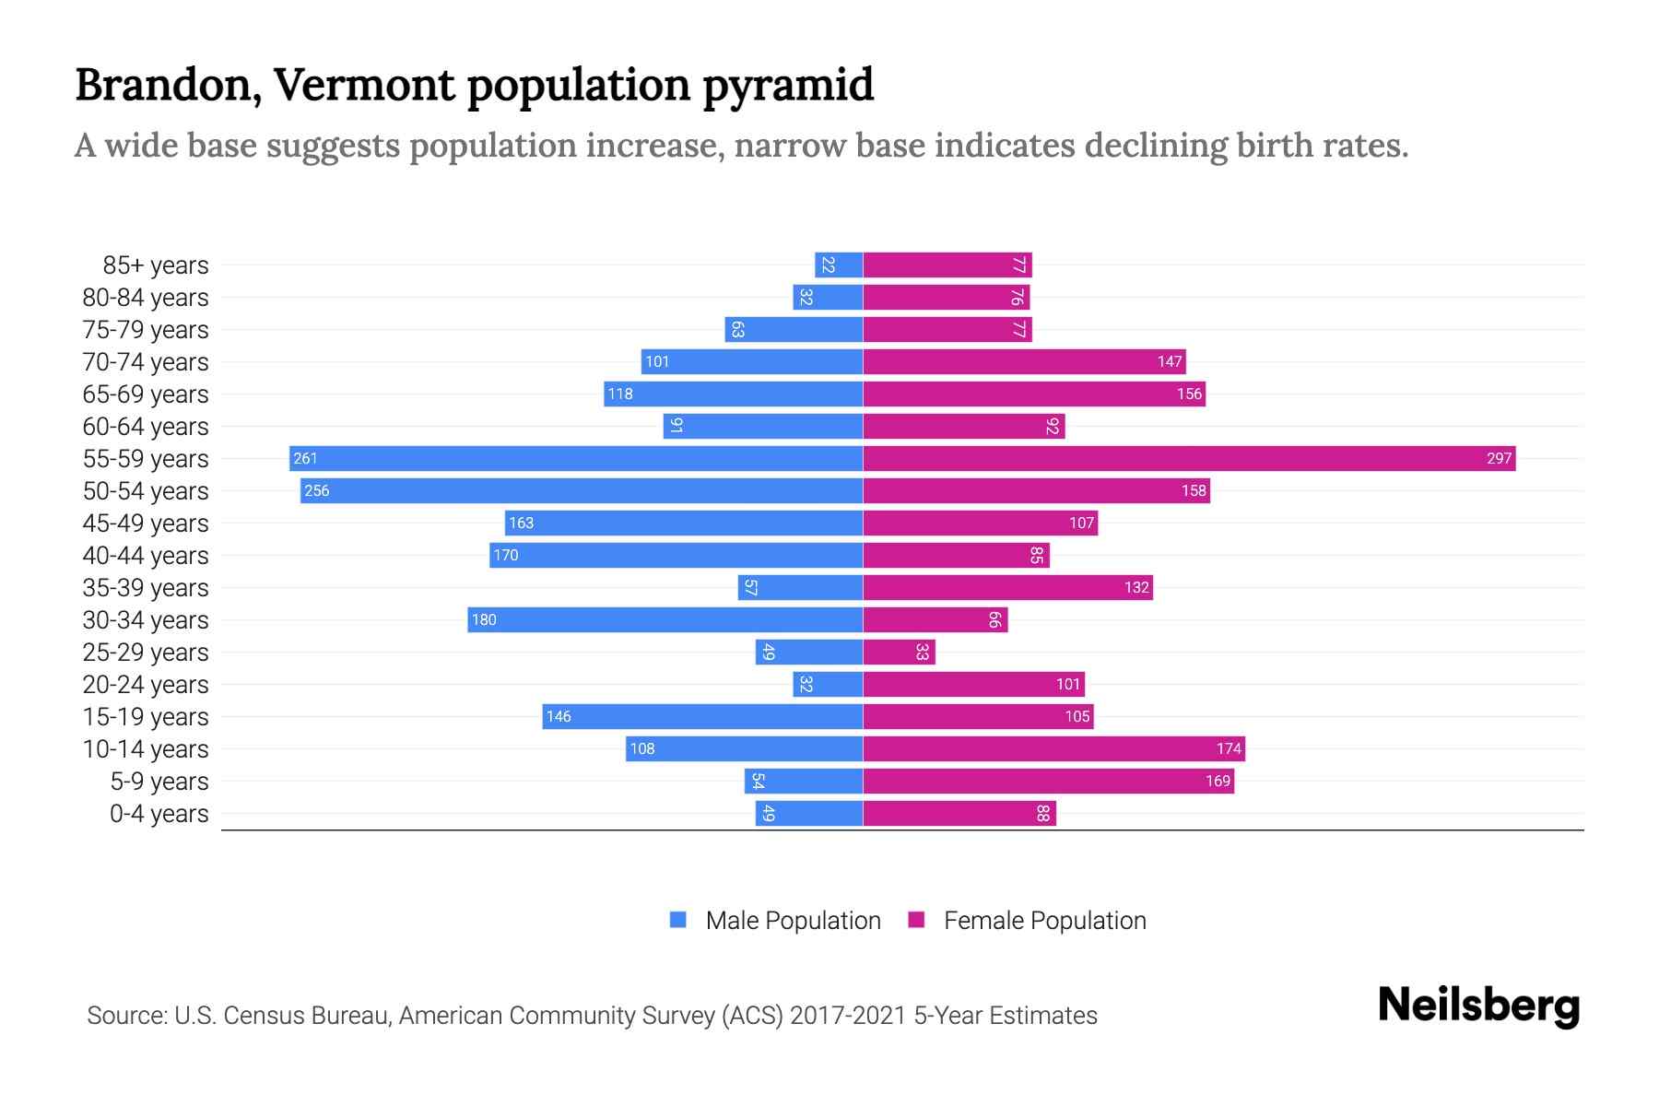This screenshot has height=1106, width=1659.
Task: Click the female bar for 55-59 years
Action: coord(1189,458)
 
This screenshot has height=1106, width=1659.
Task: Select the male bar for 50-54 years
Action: coord(581,490)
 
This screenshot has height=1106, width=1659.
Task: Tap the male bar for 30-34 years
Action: coord(665,619)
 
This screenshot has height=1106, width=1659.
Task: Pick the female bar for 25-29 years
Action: coord(899,652)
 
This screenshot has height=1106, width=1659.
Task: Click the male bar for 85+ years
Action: coord(839,265)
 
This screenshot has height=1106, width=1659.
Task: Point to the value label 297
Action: coord(1499,458)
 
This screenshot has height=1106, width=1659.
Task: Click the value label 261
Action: coord(305,458)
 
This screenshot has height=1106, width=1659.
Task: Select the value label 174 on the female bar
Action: coord(1229,748)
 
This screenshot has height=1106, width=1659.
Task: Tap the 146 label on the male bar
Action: coord(559,716)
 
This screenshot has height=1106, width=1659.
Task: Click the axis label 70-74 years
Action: coord(146,361)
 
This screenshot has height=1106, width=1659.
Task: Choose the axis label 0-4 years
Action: coord(159,813)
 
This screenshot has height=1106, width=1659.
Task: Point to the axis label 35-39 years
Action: coord(146,587)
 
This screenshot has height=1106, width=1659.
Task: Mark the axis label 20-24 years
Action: coord(146,684)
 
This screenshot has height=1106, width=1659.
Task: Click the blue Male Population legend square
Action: coord(678,920)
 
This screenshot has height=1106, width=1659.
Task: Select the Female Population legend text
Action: coord(1044,920)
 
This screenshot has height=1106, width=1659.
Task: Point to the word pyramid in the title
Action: coord(788,85)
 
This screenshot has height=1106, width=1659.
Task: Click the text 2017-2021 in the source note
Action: coord(848,1015)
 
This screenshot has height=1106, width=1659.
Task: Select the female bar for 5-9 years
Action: coord(1048,781)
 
